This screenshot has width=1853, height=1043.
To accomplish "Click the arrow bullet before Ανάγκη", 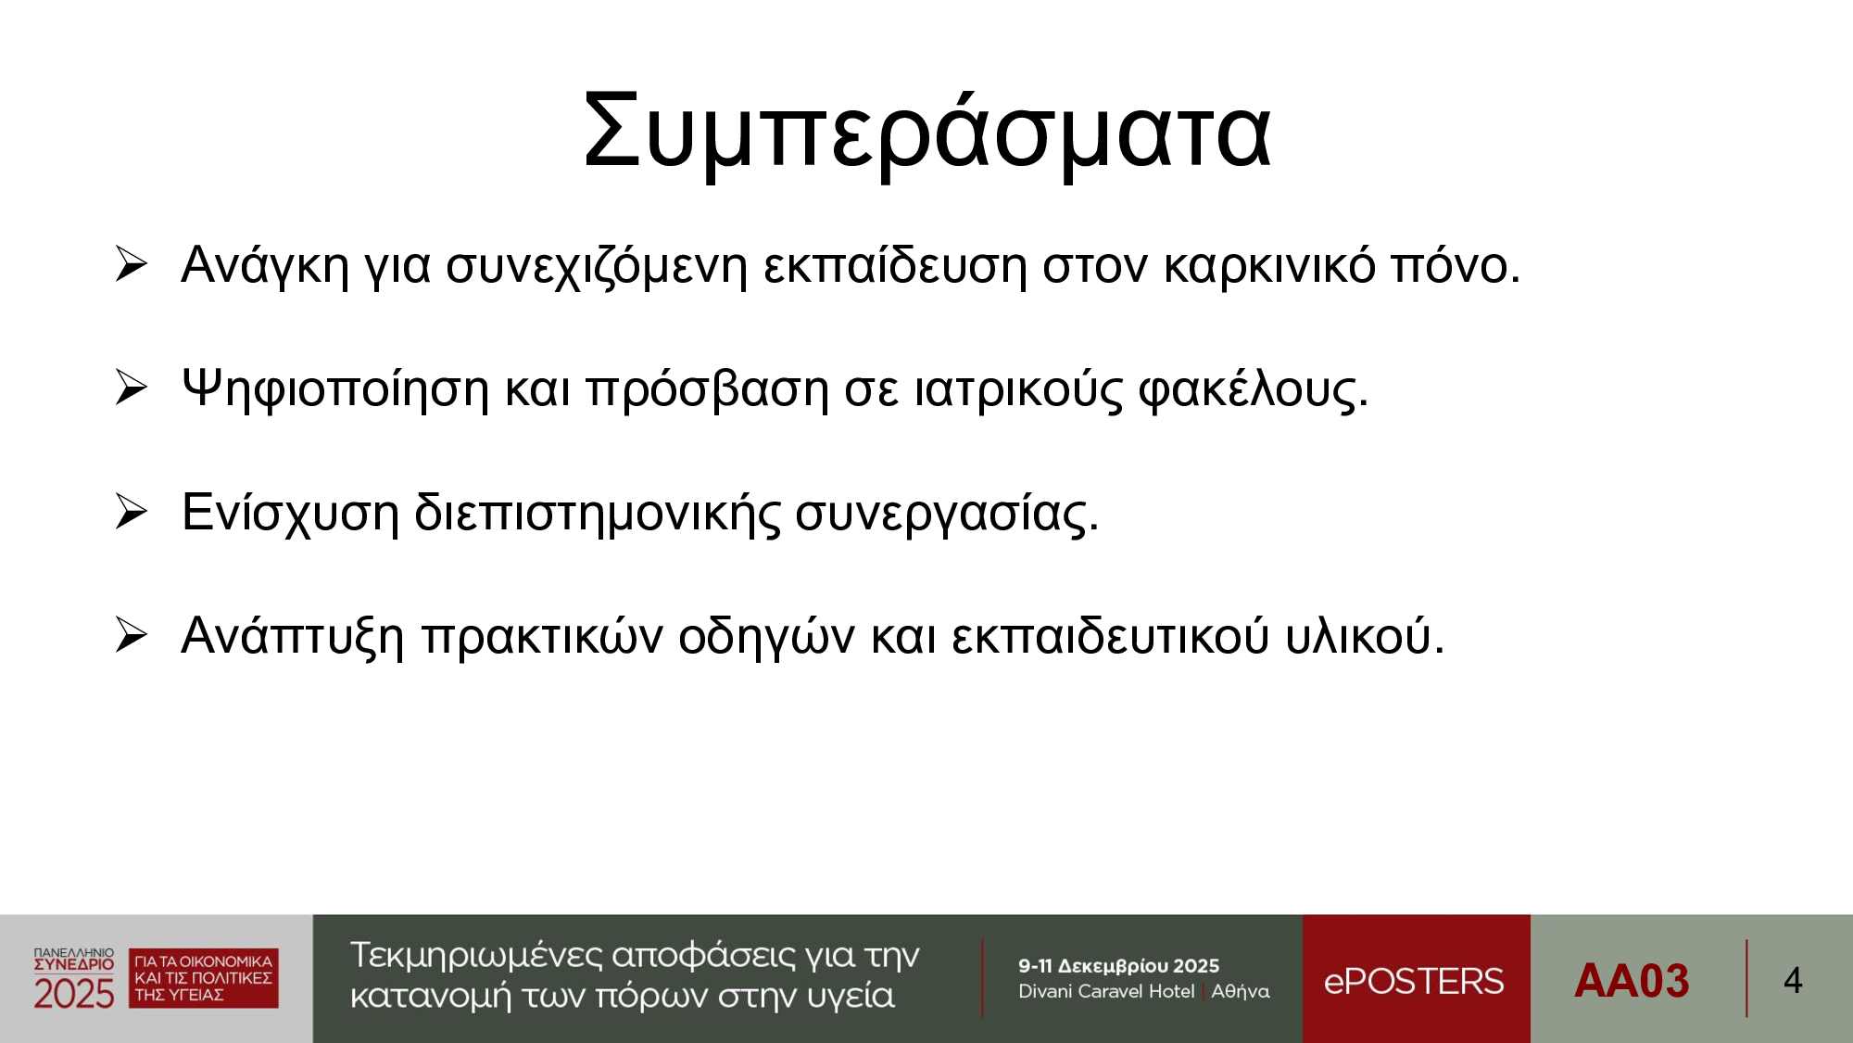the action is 132,264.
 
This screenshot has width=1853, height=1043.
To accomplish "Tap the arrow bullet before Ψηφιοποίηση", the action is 132,388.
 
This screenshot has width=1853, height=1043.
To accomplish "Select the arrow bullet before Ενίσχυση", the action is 132,512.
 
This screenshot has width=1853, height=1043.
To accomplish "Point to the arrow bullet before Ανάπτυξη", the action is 132,635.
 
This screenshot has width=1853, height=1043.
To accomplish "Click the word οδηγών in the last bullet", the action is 767,638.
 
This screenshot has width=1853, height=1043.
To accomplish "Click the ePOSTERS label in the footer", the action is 1414,981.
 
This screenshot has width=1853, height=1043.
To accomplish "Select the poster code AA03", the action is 1632,981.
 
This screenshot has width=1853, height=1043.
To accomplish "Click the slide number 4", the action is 1793,981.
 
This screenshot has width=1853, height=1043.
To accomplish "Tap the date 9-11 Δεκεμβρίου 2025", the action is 1118,966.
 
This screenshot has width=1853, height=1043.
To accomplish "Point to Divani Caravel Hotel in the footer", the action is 1106,991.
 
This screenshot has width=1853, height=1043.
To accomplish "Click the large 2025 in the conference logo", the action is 74,994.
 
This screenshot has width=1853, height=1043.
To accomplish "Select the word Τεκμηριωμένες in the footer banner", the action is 475,956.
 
